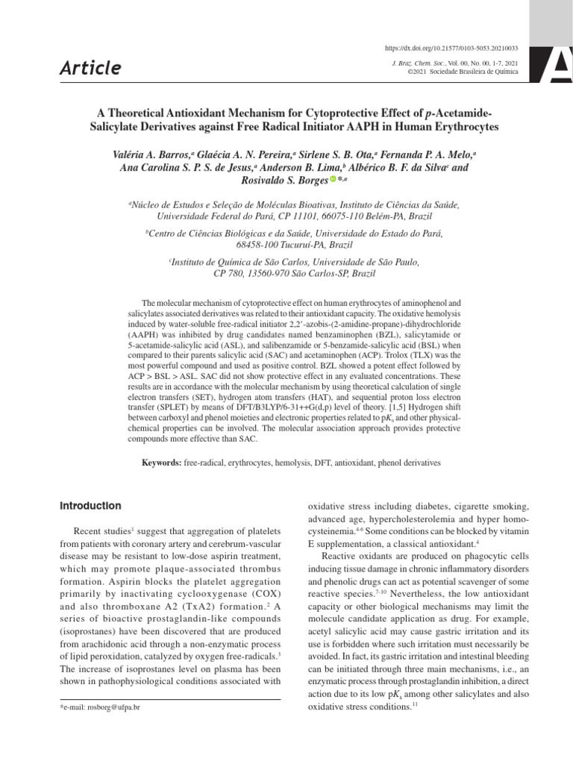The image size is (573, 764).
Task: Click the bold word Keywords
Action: pos(162,463)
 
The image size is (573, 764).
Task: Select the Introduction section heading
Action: pos(90,506)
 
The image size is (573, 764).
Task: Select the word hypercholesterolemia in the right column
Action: pos(423,519)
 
